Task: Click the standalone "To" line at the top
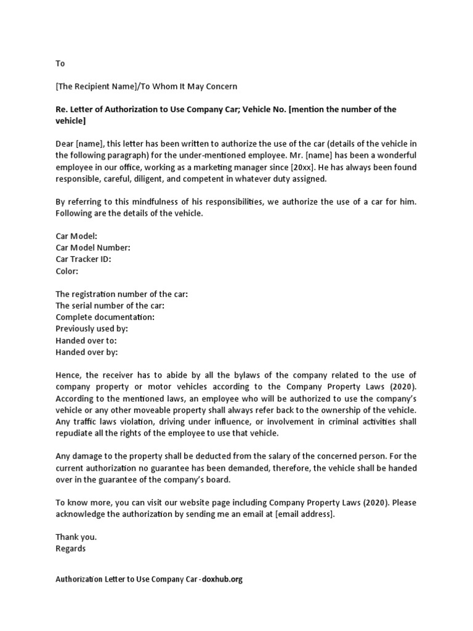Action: click(x=60, y=63)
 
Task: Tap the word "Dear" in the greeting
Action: click(x=65, y=144)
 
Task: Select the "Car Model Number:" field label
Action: click(x=93, y=248)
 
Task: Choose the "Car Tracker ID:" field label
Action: click(x=83, y=259)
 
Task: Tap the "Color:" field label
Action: click(x=67, y=271)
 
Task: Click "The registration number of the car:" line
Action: click(x=121, y=294)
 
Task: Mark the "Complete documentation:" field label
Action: click(x=105, y=317)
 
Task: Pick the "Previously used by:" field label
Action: click(x=92, y=329)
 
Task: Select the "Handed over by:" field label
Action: click(x=86, y=352)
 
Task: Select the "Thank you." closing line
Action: click(x=76, y=537)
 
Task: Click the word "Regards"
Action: click(x=71, y=548)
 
